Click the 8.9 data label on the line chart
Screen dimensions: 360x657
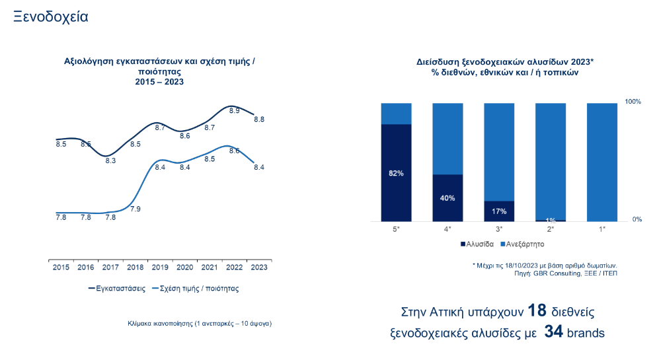pyautogui.click(x=234, y=111)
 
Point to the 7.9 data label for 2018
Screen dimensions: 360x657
pyautogui.click(x=135, y=209)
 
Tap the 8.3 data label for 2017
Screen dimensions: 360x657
pyautogui.click(x=110, y=161)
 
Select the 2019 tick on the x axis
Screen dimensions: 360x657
pyautogui.click(x=160, y=267)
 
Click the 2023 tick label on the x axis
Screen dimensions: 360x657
pyautogui.click(x=258, y=267)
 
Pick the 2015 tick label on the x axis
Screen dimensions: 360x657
pyautogui.click(x=61, y=267)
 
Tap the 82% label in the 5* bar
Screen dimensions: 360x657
pyautogui.click(x=396, y=173)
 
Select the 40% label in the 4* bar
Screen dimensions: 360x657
pyautogui.click(x=447, y=198)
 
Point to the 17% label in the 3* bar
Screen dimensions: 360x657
pyautogui.click(x=499, y=211)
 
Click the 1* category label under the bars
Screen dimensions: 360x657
pyautogui.click(x=602, y=229)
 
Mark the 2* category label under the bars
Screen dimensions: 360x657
pyautogui.click(x=551, y=229)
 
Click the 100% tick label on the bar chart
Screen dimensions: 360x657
pyautogui.click(x=633, y=102)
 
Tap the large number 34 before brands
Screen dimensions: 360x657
pyautogui.click(x=553, y=332)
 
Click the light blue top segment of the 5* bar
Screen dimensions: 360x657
pyautogui.click(x=396, y=113)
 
